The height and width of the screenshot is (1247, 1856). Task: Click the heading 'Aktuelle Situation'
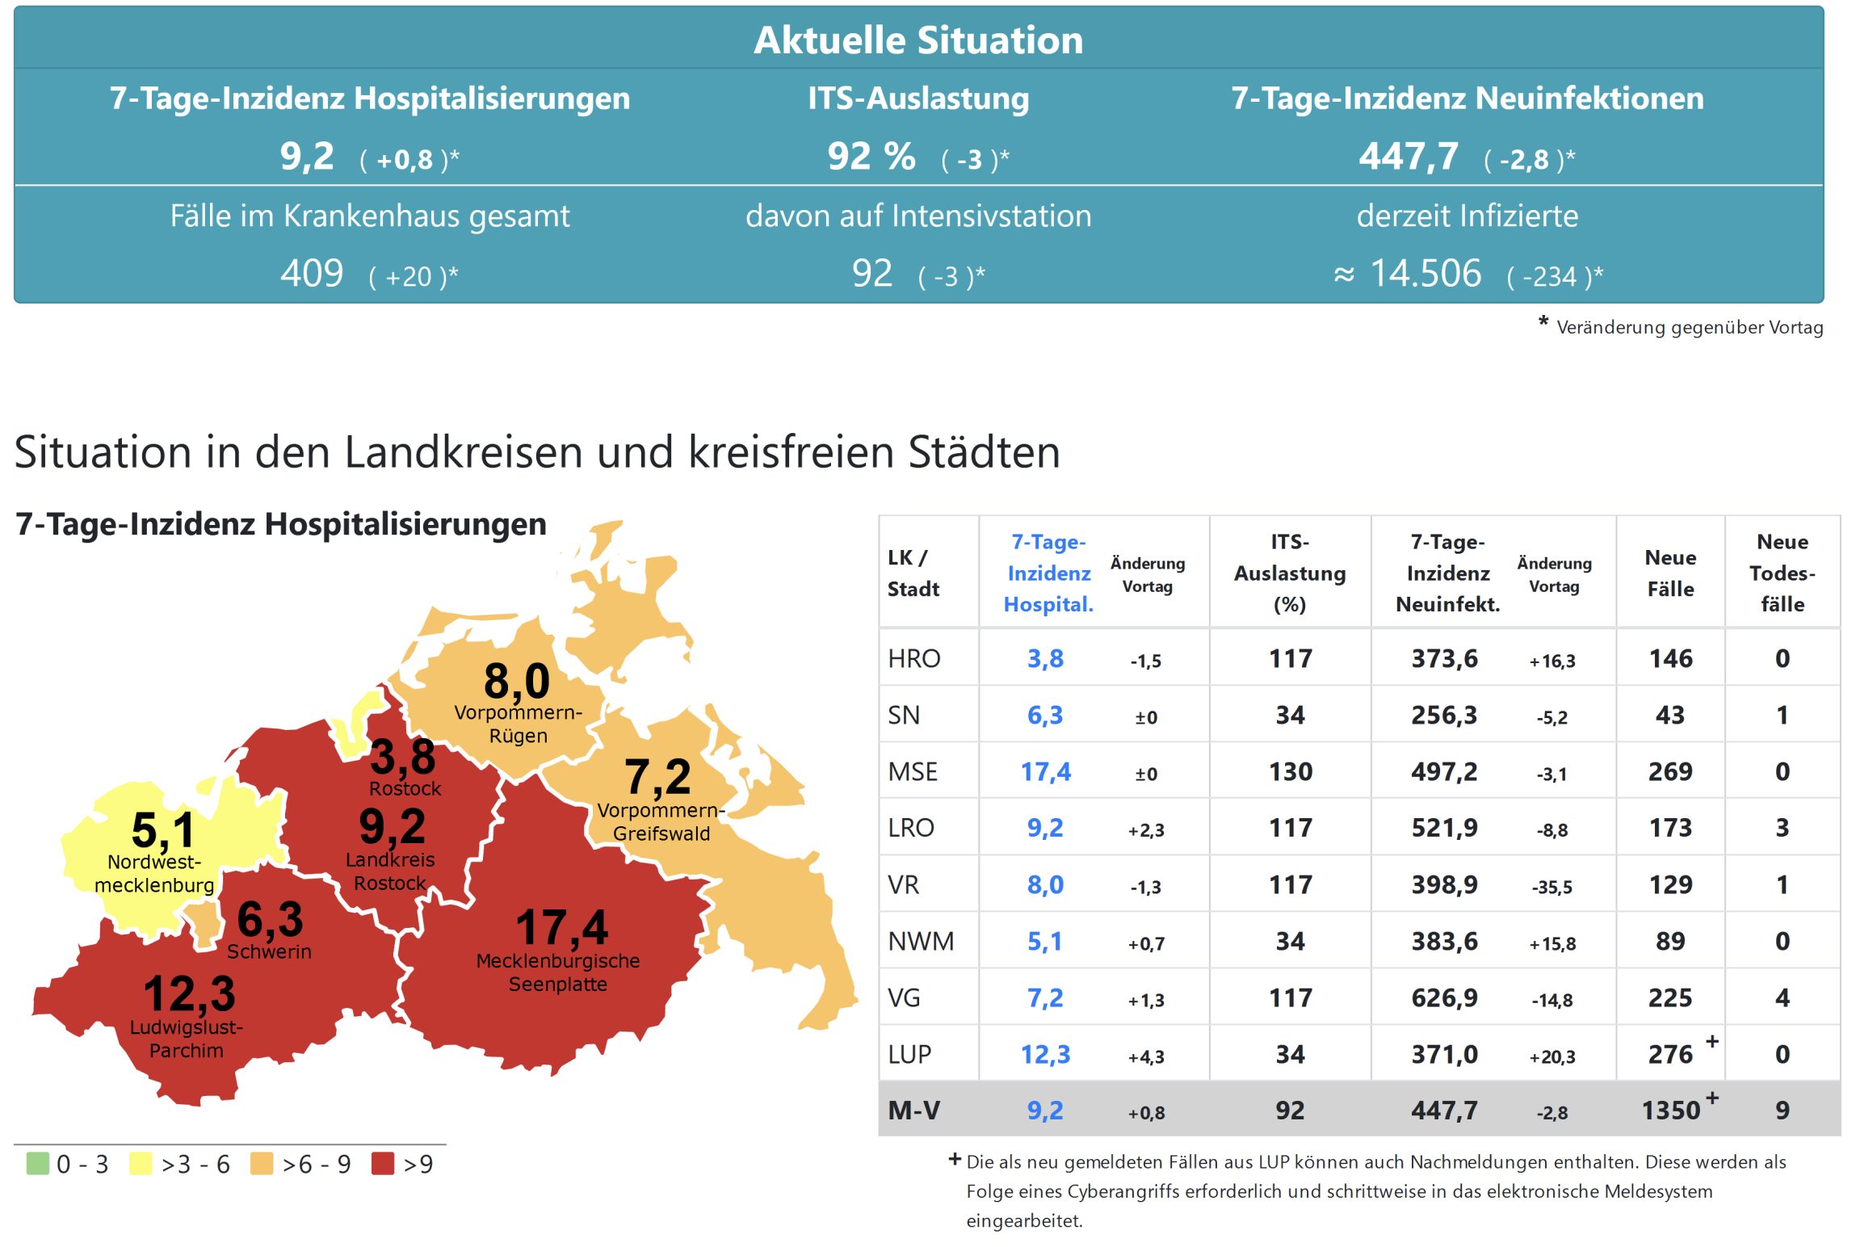coord(918,40)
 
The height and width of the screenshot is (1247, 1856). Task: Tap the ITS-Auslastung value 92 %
coord(871,156)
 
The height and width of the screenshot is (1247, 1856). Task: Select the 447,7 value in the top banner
coord(1408,156)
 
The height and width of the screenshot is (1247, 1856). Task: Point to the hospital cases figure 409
coord(312,273)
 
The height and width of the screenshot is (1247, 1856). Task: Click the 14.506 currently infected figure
coord(1426,273)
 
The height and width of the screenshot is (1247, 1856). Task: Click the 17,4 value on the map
coord(561,926)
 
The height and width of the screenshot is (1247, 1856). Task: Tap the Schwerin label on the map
coord(269,951)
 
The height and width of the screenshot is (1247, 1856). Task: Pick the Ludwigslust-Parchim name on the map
coord(186,1039)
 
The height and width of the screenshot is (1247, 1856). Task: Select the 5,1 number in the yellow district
coord(163,829)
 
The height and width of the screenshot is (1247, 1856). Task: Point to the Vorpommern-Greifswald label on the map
coord(661,821)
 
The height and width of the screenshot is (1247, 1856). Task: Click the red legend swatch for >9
coord(382,1163)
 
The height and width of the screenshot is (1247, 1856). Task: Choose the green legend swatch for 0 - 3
coord(37,1163)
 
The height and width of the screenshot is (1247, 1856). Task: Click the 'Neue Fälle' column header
coord(1670,573)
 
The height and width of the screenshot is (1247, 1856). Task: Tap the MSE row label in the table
coord(913,771)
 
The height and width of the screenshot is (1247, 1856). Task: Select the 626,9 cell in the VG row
coord(1444,997)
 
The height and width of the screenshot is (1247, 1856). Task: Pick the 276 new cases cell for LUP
coord(1669,1054)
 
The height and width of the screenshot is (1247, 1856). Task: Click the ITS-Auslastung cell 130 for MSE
coord(1290,771)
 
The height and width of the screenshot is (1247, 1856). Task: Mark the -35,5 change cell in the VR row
coord(1552,886)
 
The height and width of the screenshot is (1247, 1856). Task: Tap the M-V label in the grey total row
coord(913,1111)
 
